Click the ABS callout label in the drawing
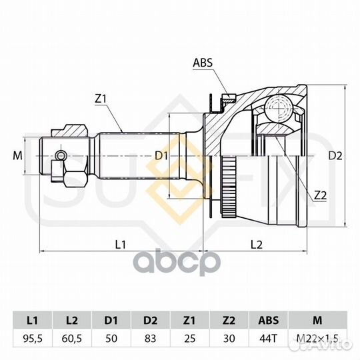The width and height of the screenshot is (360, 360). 203,63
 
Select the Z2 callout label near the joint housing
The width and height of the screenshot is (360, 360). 320,195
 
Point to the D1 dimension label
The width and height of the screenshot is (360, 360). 161,156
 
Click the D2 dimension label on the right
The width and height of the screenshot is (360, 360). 335,156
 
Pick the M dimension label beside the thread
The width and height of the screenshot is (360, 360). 17,155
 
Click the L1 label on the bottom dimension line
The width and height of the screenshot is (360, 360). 120,245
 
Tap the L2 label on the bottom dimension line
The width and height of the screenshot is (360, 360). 256,245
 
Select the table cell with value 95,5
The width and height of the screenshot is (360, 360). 33,338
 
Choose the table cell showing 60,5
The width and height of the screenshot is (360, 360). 72,338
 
